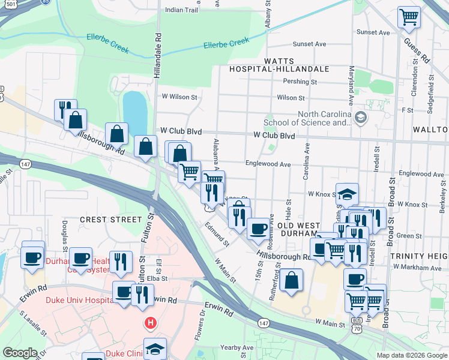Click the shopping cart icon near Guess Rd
point(409,17)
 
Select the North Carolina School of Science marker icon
point(360,116)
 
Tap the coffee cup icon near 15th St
point(259,229)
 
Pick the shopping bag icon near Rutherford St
point(291,280)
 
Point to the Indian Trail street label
point(181,10)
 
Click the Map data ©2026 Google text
point(411,355)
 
